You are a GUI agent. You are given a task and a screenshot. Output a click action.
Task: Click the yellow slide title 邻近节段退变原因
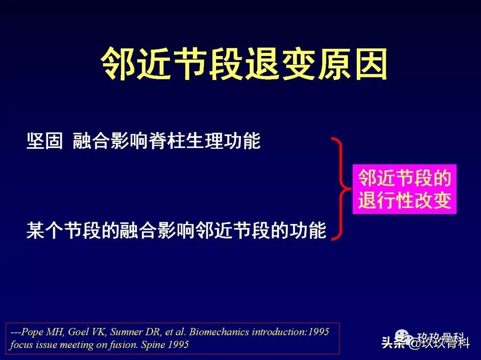tap(244, 64)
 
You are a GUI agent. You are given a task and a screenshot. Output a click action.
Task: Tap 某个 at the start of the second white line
tap(45, 231)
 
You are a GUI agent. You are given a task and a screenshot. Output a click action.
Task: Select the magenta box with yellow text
tap(404, 189)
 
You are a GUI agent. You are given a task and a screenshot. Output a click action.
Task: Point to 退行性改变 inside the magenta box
tap(404, 200)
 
